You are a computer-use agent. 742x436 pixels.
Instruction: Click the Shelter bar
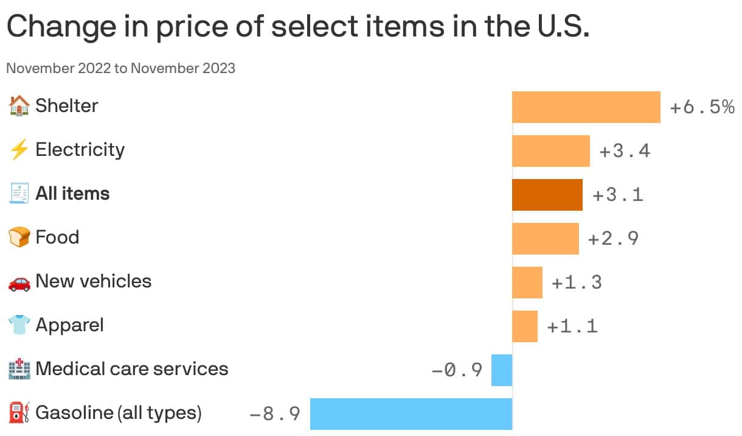point(586,107)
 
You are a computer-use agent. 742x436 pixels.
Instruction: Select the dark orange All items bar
point(547,195)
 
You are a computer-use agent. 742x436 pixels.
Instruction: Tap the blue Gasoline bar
point(411,414)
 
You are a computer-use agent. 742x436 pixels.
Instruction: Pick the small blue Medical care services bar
point(501,370)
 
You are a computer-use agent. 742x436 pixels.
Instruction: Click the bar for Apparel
point(524,326)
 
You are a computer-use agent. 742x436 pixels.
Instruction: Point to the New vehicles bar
point(527,283)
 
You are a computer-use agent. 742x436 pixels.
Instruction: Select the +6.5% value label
point(702,108)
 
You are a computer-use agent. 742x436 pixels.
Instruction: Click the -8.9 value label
point(275,415)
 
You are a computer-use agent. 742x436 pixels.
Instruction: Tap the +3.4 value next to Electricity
point(625,151)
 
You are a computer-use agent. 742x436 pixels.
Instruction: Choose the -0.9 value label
point(457,370)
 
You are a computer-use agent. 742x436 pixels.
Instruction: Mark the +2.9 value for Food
point(613,239)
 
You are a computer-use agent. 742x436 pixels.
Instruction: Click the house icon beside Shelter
point(19,106)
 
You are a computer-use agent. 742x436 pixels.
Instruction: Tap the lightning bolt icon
point(19,150)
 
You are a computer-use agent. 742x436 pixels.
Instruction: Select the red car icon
point(19,282)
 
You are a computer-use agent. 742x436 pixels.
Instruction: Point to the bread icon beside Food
point(19,237)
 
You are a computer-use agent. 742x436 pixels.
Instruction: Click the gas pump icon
point(19,413)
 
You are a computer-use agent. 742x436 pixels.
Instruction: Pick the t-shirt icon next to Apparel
point(19,326)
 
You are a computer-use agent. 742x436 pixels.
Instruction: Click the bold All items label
point(72,194)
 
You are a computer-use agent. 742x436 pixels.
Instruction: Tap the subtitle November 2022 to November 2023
point(120,68)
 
